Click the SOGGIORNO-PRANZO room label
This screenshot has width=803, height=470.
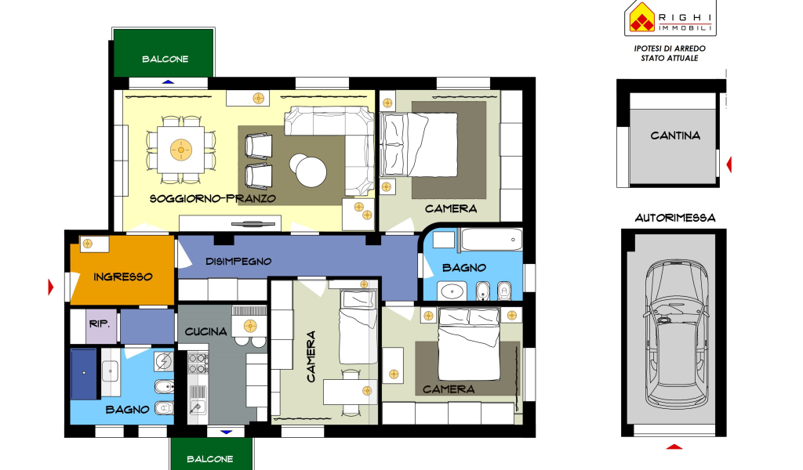point(213,198)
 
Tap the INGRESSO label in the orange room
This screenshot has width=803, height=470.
point(123,277)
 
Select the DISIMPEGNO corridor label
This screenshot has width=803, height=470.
point(238,262)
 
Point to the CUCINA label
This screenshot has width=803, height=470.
point(206,331)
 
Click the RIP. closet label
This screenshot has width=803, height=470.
point(100,324)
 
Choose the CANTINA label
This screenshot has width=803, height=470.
point(675,136)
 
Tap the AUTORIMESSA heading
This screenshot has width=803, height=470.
point(675,218)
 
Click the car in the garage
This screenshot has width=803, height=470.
point(675,334)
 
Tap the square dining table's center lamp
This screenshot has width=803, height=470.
point(180,150)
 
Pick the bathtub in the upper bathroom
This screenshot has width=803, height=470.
point(492,240)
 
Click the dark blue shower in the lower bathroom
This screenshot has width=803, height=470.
point(84,374)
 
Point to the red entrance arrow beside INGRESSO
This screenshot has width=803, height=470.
point(51,287)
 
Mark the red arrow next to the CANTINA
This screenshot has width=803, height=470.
point(729,164)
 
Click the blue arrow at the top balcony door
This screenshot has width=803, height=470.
point(168,81)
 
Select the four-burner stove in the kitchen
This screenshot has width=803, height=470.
point(198,363)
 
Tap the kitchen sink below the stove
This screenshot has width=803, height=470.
point(198,399)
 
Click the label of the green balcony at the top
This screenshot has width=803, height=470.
point(165,60)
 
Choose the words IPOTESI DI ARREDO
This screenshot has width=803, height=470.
point(670,49)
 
